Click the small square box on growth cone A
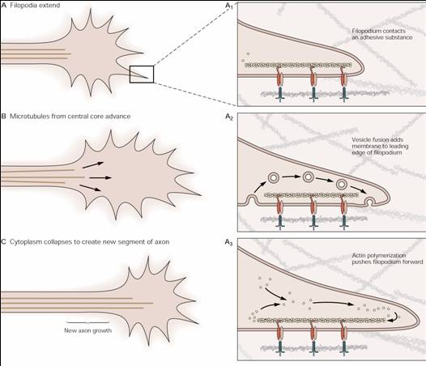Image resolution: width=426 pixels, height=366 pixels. point(130,74)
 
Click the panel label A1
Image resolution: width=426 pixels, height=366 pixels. point(228,6)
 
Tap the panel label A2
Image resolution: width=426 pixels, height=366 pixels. point(229,117)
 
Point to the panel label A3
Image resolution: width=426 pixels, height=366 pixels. point(228,242)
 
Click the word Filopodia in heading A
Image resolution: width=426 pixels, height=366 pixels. point(23,5)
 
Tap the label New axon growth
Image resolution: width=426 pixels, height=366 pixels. point(87,330)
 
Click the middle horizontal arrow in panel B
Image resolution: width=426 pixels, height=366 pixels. point(100,177)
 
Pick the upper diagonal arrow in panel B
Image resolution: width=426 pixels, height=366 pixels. point(93,165)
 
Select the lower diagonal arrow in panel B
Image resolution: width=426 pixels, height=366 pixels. point(90,188)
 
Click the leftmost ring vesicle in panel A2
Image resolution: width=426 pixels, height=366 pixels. point(274,178)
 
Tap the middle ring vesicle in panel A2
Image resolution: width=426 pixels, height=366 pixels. point(308,177)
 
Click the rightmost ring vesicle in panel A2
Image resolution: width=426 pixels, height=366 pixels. point(342,185)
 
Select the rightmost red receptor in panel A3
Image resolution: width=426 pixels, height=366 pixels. point(344,332)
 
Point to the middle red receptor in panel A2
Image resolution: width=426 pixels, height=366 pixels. point(313,207)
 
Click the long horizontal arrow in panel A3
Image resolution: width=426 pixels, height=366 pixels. point(334,303)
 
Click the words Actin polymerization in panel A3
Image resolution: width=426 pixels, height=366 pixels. point(379,255)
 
